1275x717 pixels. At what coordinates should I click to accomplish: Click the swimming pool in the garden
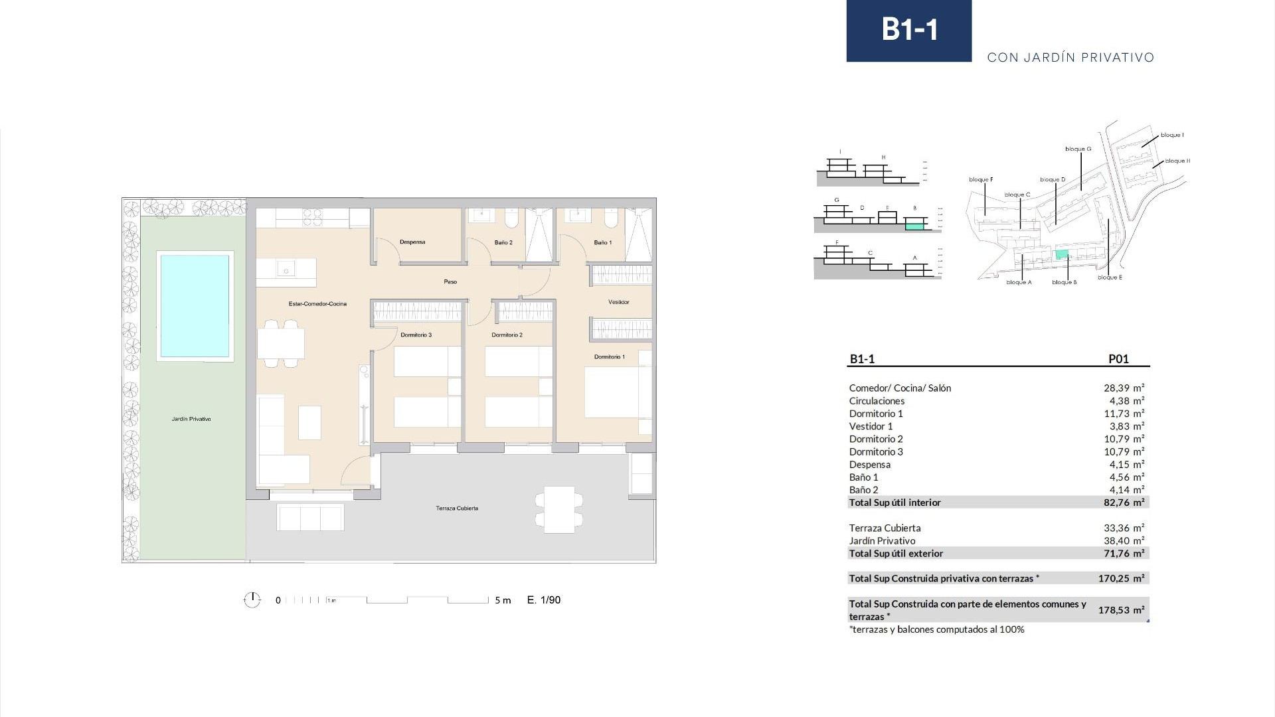click(195, 306)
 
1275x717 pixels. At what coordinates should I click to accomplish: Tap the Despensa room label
click(412, 242)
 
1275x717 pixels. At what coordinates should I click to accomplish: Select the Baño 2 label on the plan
click(503, 243)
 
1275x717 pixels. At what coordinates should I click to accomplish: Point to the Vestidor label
click(618, 302)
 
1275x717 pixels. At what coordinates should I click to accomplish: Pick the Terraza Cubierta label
click(457, 509)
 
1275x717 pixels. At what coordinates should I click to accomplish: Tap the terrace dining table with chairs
click(559, 509)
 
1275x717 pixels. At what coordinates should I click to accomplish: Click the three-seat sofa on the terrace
click(310, 517)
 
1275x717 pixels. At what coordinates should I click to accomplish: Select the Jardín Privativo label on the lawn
click(191, 419)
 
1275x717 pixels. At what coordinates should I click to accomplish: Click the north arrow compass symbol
click(252, 600)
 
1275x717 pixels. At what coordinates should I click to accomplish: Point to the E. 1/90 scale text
click(544, 600)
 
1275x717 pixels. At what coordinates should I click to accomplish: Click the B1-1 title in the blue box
click(909, 30)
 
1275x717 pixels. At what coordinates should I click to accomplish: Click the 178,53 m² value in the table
click(1121, 609)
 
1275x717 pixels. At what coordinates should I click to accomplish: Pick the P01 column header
click(1118, 359)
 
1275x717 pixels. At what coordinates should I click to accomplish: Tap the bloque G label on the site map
click(1078, 149)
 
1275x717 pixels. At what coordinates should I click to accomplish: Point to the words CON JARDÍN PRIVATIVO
click(1070, 58)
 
